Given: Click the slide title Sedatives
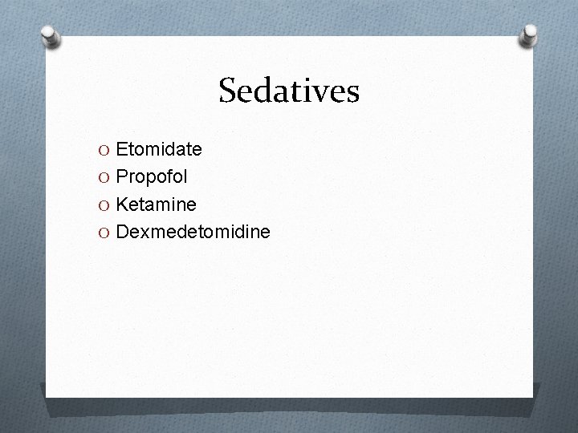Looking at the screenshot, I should coord(289,91).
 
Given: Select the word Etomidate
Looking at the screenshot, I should coord(159,149).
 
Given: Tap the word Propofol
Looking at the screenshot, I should coord(151,176).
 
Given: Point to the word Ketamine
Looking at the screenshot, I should coord(156,204).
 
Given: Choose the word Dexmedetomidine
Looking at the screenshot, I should coord(193,232).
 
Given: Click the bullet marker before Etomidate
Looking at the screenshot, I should coord(105,150).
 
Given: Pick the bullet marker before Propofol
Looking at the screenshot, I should coord(105,177).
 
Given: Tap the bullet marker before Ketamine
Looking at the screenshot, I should coord(105,205).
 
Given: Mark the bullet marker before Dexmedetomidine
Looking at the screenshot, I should coord(105,233).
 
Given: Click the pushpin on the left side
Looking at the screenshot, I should coord(51,36).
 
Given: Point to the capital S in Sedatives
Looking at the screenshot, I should coord(228,91).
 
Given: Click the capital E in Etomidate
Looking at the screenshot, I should coord(122,149).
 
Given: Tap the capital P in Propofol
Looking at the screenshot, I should coord(122,176).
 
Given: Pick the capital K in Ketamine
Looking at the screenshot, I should coord(123,204).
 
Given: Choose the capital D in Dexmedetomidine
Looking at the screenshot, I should coord(123,232).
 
